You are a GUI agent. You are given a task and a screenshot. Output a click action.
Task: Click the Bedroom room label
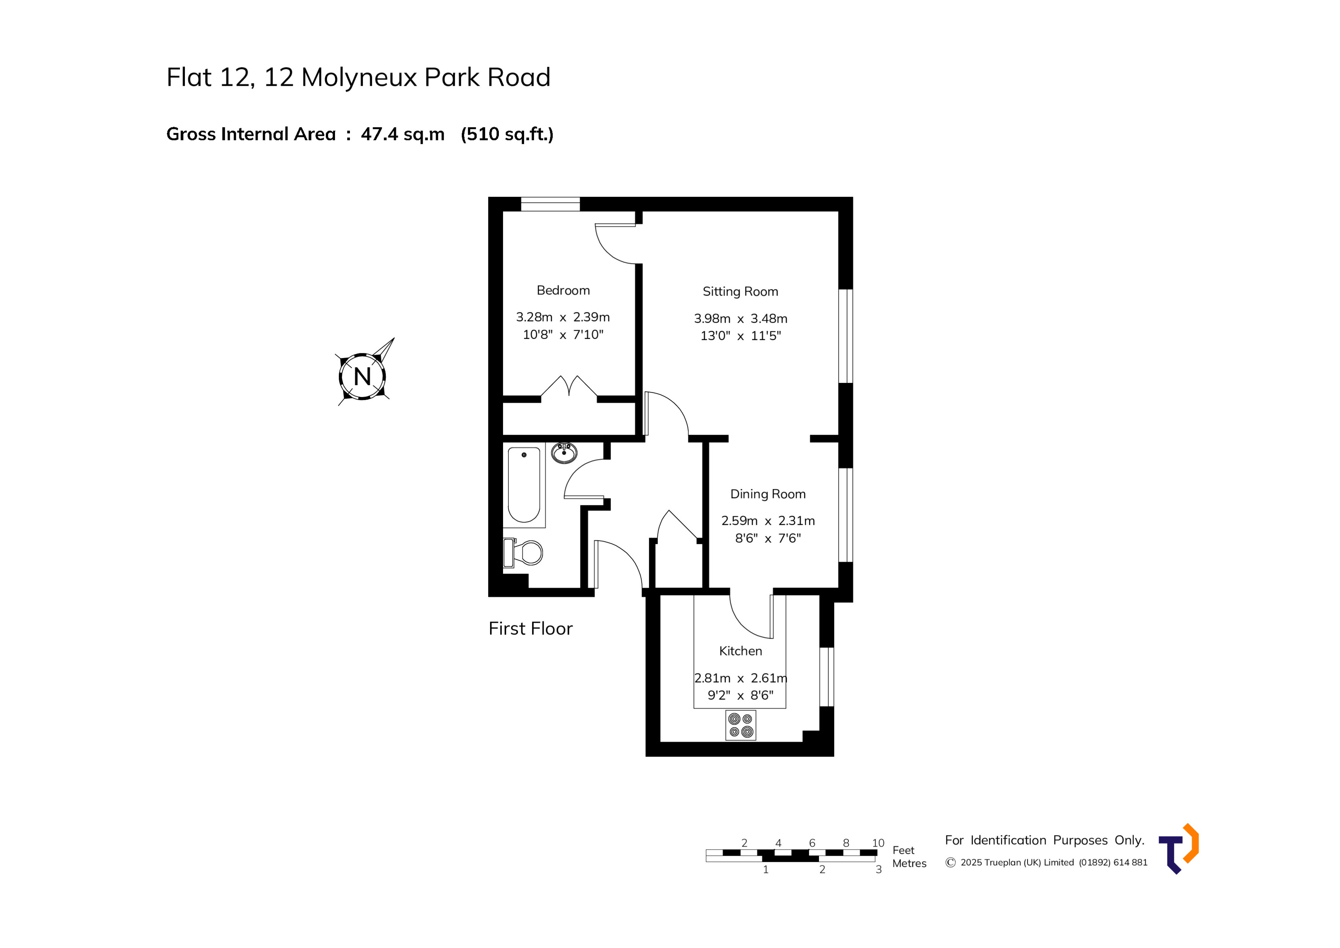pos(563,290)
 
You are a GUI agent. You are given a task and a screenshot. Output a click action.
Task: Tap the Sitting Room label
pos(740,291)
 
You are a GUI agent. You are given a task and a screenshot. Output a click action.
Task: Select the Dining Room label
pos(768,494)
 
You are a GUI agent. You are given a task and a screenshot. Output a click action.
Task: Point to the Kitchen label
pos(740,651)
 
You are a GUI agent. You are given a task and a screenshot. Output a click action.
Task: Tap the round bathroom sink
pos(564,453)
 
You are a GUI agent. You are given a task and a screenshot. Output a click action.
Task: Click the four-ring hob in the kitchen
pos(740,725)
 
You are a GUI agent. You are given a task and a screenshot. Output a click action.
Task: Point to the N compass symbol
pos(363,376)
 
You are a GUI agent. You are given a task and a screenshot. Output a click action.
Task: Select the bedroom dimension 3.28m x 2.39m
pos(563,317)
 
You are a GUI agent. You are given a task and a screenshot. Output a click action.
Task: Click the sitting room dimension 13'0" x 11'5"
pos(740,336)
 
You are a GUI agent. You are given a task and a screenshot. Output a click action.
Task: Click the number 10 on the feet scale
pos(878,843)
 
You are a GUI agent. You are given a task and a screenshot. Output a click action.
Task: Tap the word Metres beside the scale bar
pos(909,863)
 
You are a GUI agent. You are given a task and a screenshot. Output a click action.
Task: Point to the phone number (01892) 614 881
pos(1112,862)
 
